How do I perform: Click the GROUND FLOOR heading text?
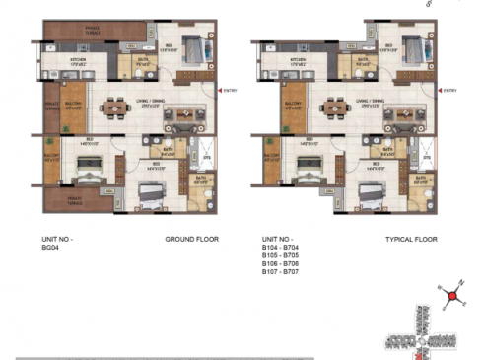tap(191, 240)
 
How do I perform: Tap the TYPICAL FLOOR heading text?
tap(411, 240)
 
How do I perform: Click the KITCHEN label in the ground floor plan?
tap(80, 61)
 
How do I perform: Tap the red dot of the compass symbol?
tap(451, 295)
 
